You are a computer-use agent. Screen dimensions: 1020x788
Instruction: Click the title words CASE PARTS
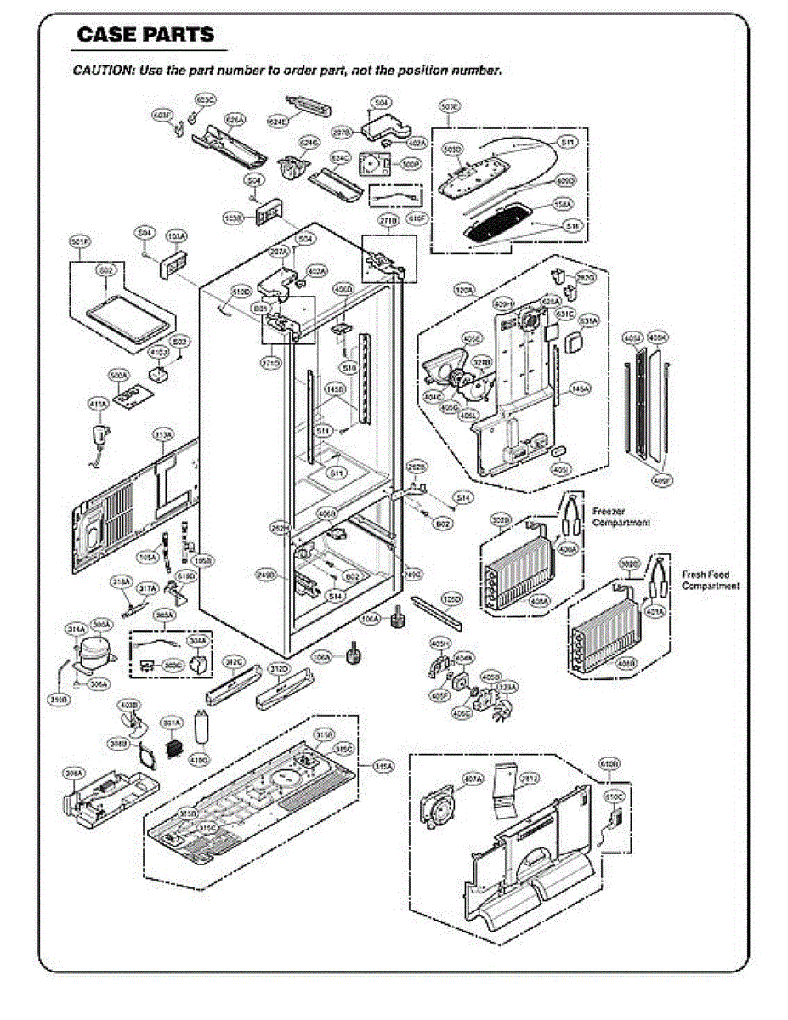[x=145, y=35]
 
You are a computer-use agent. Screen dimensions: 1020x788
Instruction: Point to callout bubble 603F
[x=162, y=115]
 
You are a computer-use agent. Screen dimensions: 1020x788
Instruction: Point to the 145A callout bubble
[x=581, y=389]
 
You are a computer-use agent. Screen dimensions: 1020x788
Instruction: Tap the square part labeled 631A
[x=575, y=343]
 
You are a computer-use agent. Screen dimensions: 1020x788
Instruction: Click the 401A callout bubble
[x=655, y=611]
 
